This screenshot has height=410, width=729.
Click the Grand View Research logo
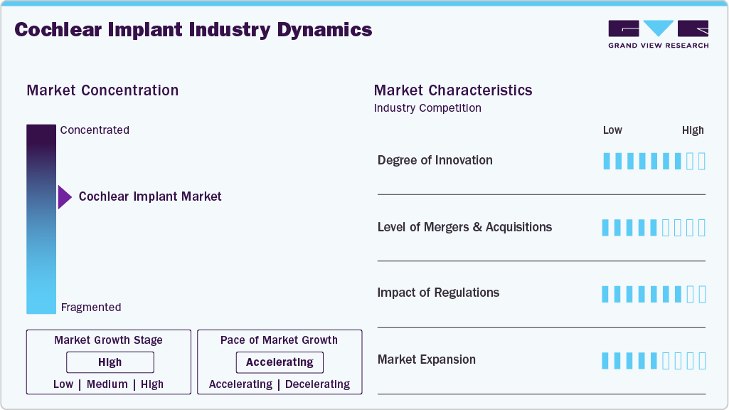(x=658, y=34)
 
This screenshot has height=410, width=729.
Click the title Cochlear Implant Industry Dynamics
(x=193, y=30)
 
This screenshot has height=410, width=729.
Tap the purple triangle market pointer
(x=64, y=197)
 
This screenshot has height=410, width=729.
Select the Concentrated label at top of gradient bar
(x=95, y=130)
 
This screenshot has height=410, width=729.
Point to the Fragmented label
(x=91, y=307)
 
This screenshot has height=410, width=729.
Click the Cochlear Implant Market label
(x=150, y=196)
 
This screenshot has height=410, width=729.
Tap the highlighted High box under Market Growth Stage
(x=110, y=362)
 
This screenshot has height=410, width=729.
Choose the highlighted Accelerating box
(x=280, y=362)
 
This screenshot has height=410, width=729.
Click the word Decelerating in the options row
(x=317, y=384)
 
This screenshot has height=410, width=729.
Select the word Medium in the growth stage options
(x=107, y=384)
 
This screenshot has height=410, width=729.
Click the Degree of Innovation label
(x=435, y=160)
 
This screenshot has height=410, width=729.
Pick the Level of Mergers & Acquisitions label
(x=464, y=227)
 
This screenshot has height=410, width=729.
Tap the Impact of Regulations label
(x=438, y=293)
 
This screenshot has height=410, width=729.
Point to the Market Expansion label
(x=426, y=359)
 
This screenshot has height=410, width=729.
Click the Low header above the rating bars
(x=612, y=130)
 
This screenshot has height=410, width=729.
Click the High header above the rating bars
(x=693, y=130)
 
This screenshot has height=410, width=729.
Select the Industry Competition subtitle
(x=427, y=108)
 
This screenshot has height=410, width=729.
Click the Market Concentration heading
(x=102, y=90)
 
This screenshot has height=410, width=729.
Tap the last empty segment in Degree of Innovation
(x=702, y=161)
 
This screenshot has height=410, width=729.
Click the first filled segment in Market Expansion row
(x=606, y=361)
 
